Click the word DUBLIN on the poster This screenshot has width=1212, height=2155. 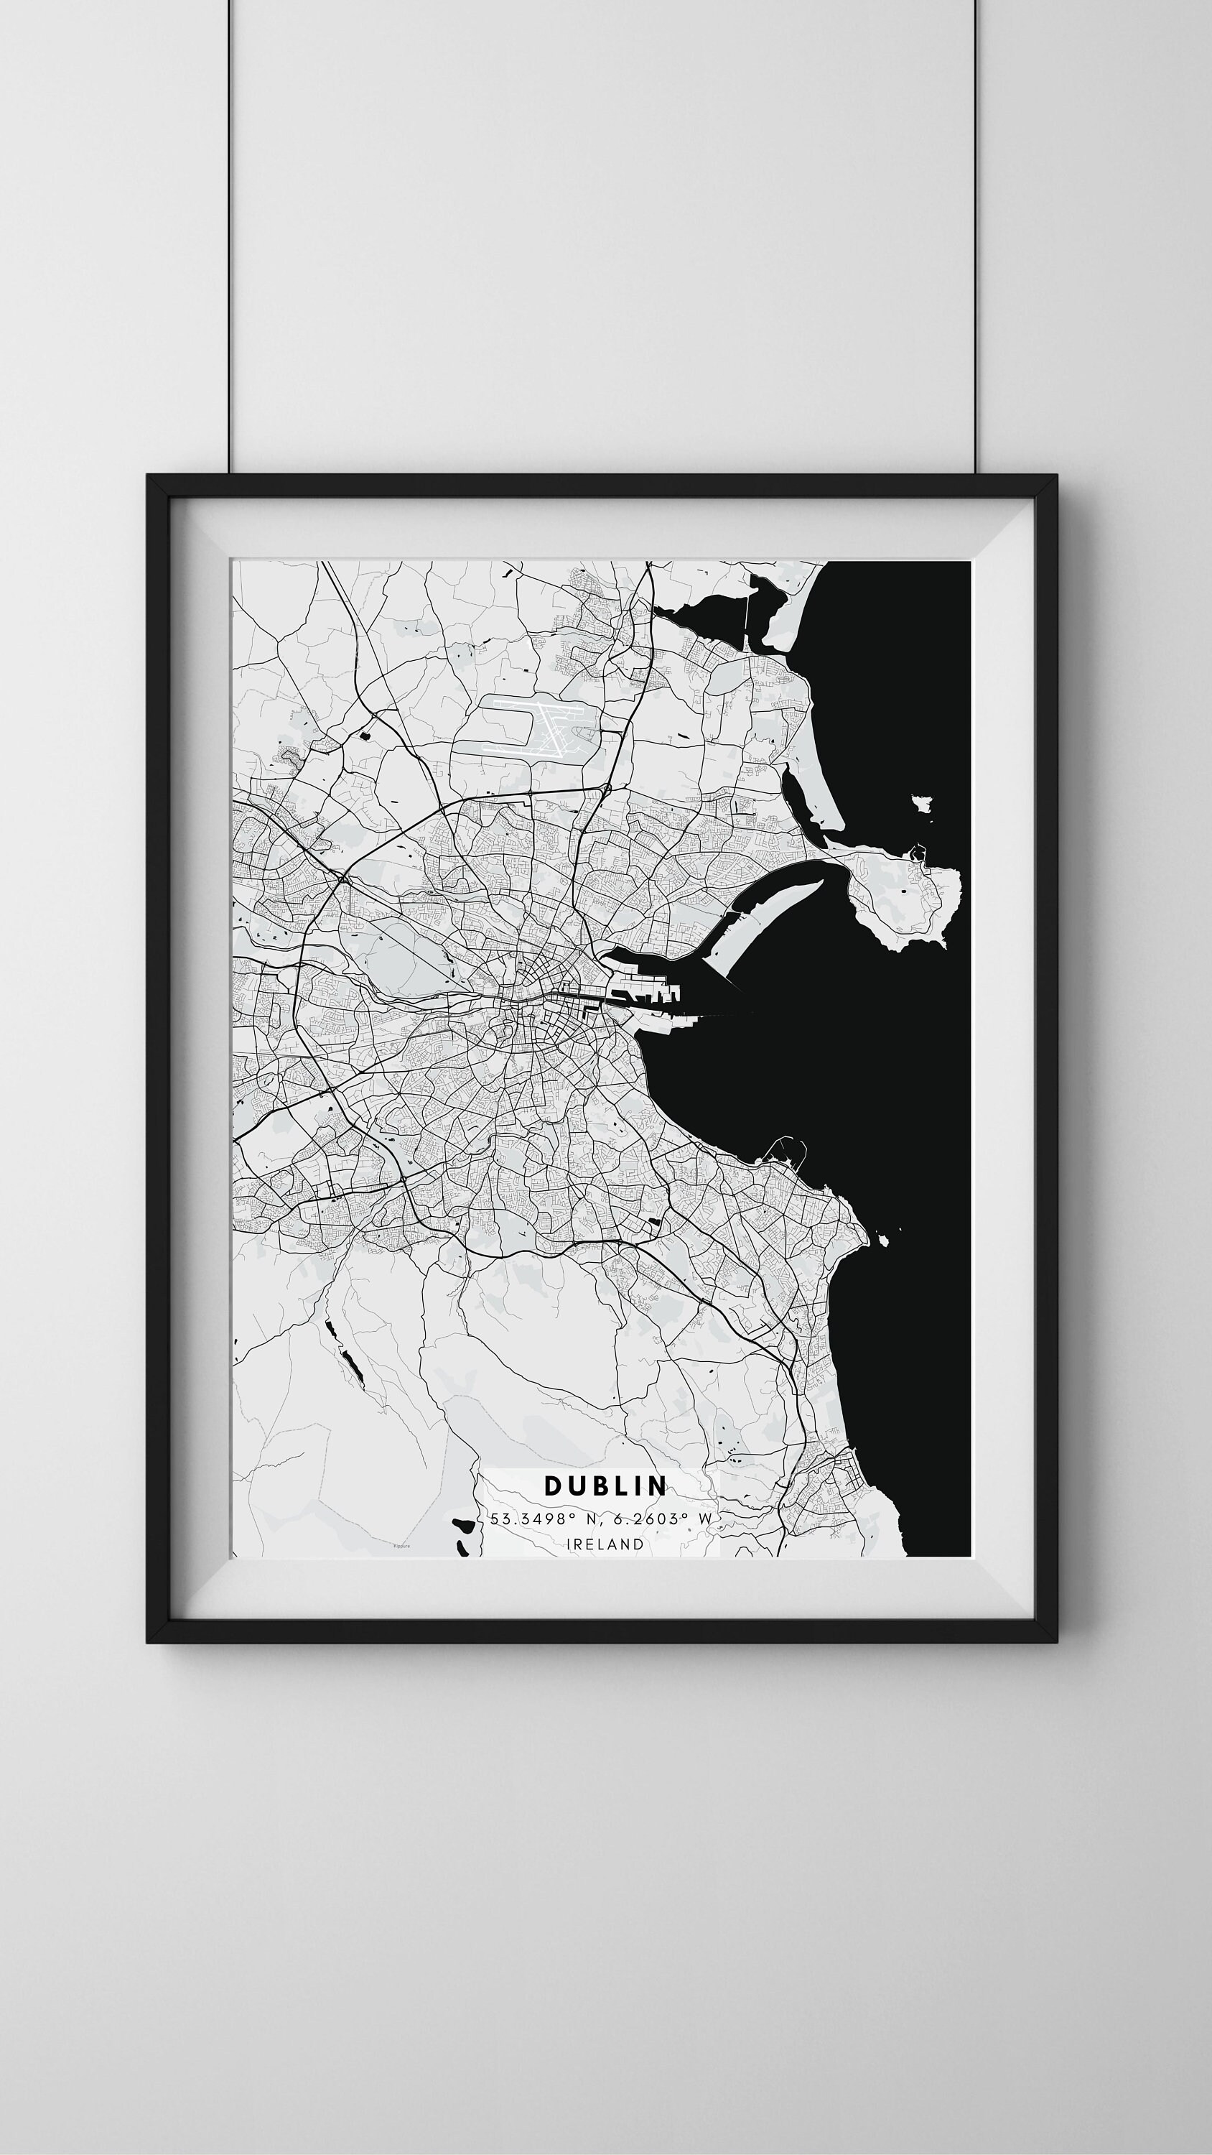(x=605, y=1486)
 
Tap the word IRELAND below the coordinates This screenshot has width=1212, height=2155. (x=605, y=1544)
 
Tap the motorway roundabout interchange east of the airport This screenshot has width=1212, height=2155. (x=605, y=788)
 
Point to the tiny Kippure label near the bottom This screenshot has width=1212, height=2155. (x=402, y=1546)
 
